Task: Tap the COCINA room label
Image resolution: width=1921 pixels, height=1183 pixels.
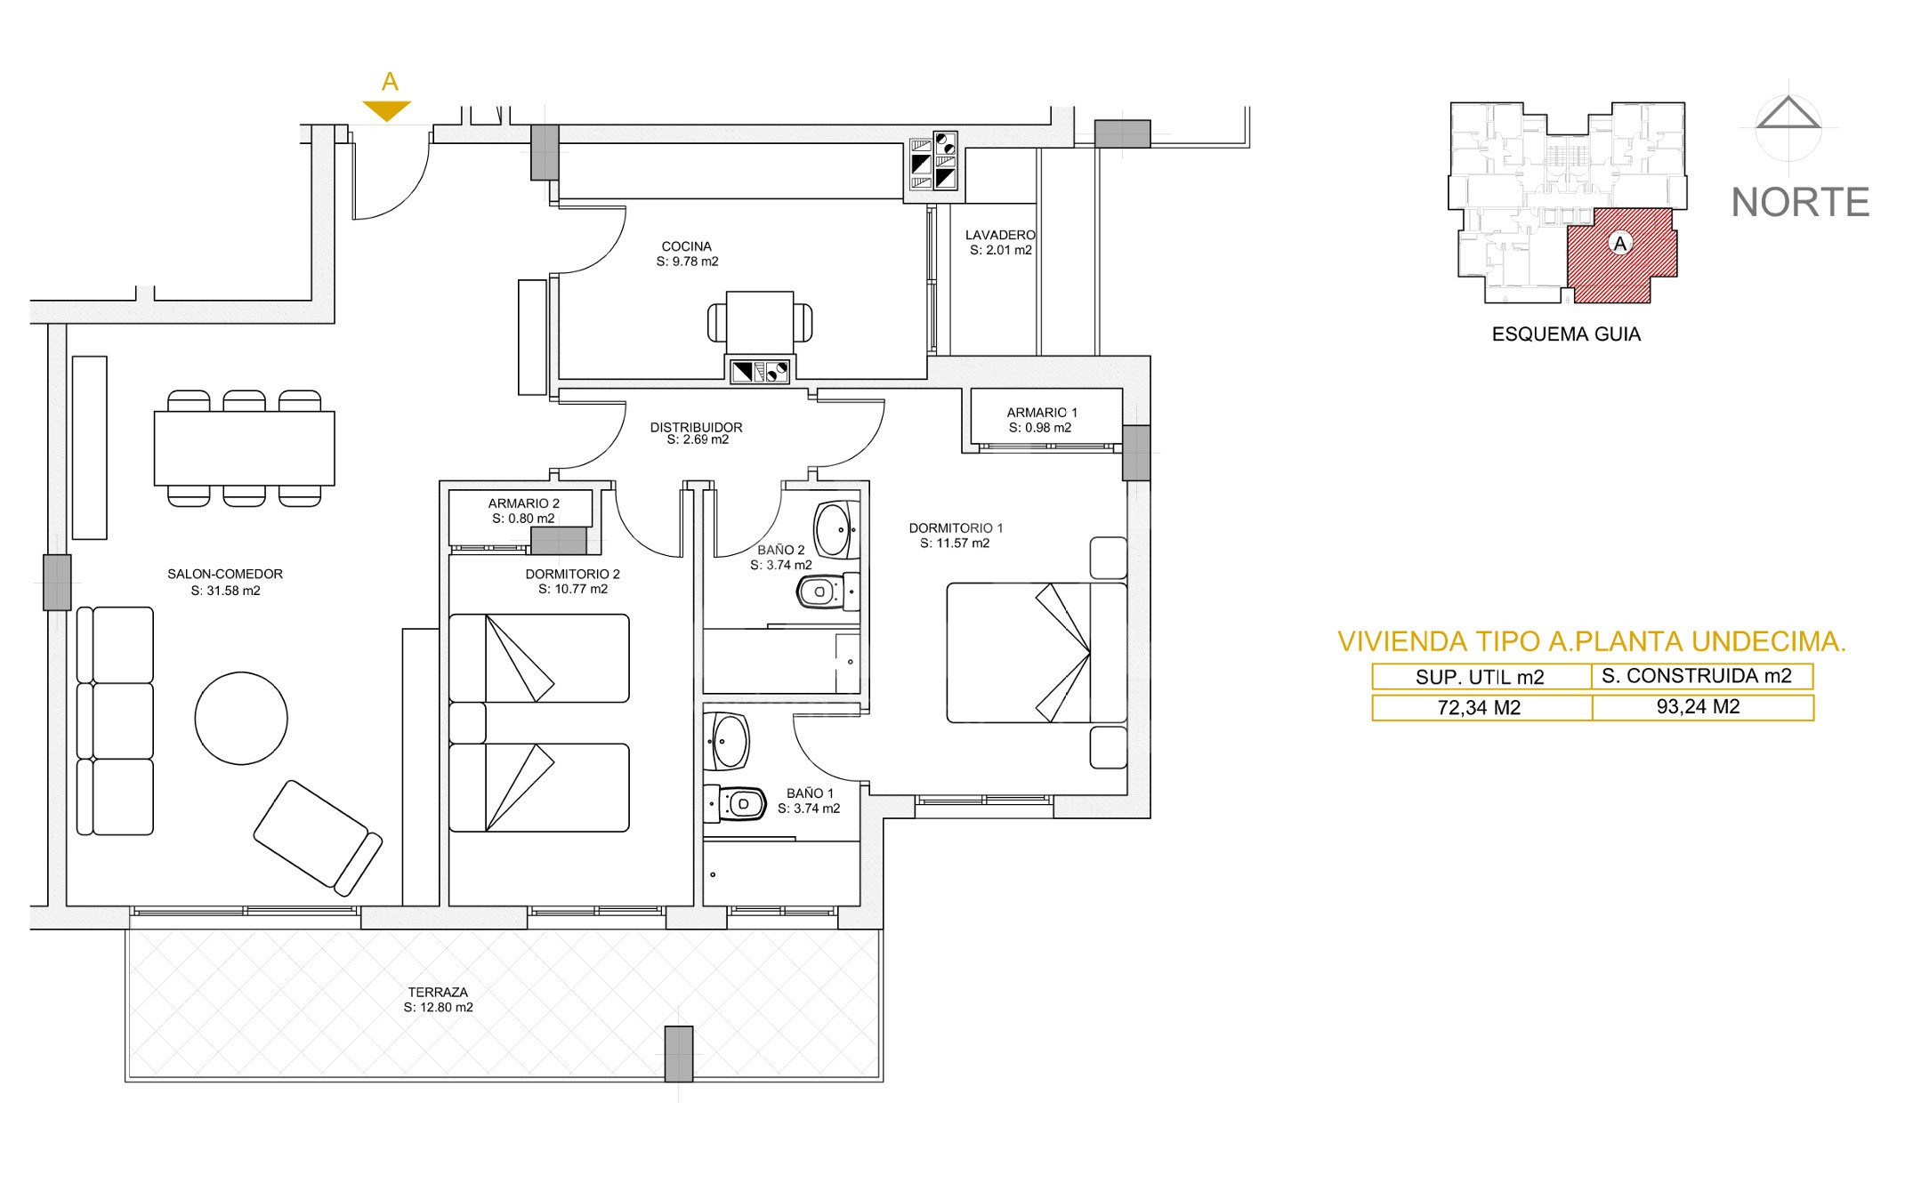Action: pyautogui.click(x=686, y=246)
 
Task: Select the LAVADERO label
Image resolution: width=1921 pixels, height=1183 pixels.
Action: pyautogui.click(x=1000, y=235)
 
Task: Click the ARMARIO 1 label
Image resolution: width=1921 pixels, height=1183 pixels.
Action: pyautogui.click(x=1042, y=413)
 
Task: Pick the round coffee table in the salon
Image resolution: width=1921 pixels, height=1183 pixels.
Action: pyautogui.click(x=241, y=718)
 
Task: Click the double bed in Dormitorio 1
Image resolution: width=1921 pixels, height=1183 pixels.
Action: pyautogui.click(x=1037, y=653)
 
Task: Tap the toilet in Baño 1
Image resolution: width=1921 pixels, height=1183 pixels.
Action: pyautogui.click(x=735, y=804)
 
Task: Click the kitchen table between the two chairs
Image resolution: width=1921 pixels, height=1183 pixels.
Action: pyautogui.click(x=760, y=323)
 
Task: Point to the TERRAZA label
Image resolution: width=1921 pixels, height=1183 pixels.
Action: pyautogui.click(x=438, y=993)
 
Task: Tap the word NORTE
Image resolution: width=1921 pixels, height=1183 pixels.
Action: pyautogui.click(x=1800, y=203)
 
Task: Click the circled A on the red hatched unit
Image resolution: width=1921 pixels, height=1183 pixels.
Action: pyautogui.click(x=1620, y=243)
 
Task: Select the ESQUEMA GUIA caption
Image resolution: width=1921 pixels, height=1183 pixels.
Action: pyautogui.click(x=1566, y=334)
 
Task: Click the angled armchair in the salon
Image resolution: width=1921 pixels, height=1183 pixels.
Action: pyautogui.click(x=318, y=838)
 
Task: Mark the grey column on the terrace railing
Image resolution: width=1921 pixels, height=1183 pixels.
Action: pyautogui.click(x=679, y=1053)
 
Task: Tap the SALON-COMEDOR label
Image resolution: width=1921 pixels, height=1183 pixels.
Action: pyautogui.click(x=225, y=575)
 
